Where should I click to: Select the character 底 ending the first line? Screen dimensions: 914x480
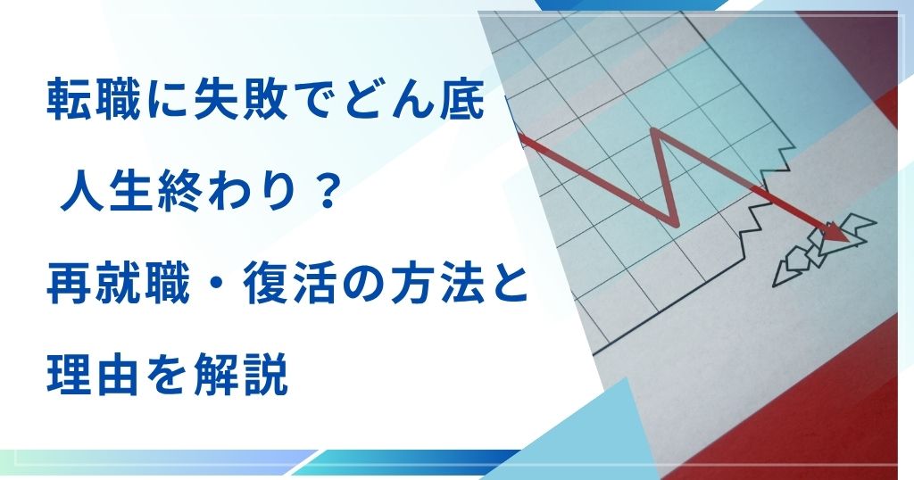461,100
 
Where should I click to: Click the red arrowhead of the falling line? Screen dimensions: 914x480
835,231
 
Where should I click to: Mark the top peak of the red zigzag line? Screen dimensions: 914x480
658,130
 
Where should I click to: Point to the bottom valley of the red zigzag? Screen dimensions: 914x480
674,222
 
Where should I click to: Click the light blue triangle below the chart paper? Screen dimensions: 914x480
594,431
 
